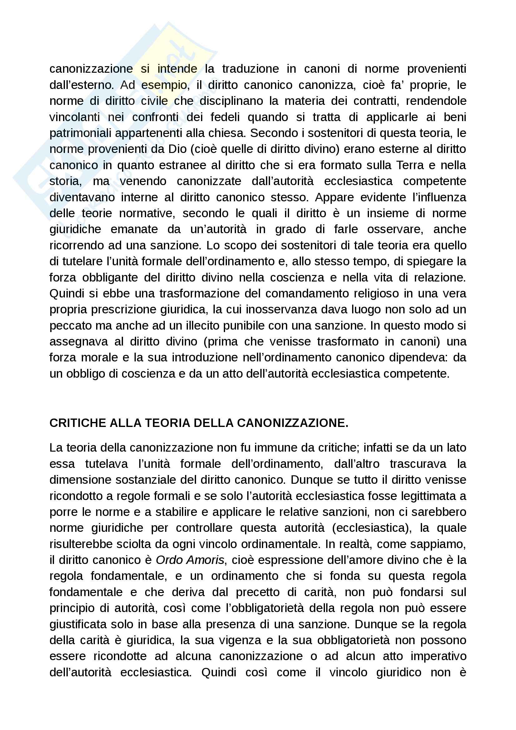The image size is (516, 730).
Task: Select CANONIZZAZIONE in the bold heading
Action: pyautogui.click(x=292, y=423)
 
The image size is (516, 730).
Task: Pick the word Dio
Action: pyautogui.click(x=178, y=149)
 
